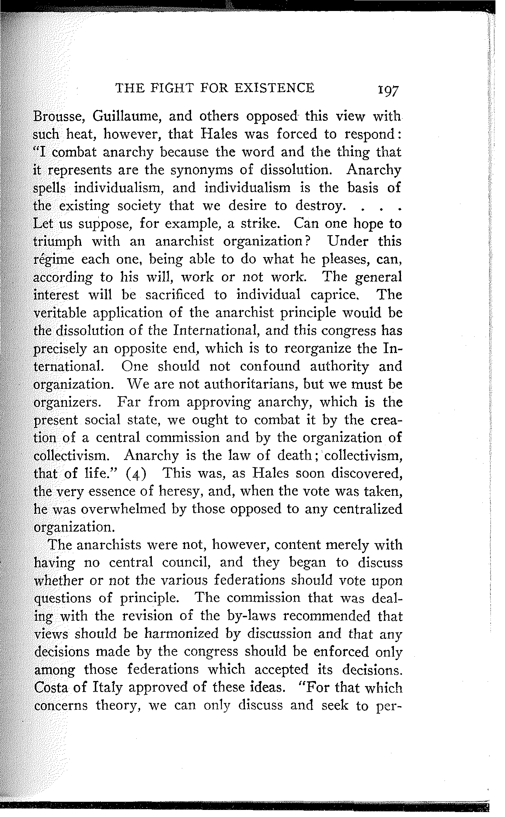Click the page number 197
coord(388,91)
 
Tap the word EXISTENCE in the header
coord(274,87)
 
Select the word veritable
coord(64,313)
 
